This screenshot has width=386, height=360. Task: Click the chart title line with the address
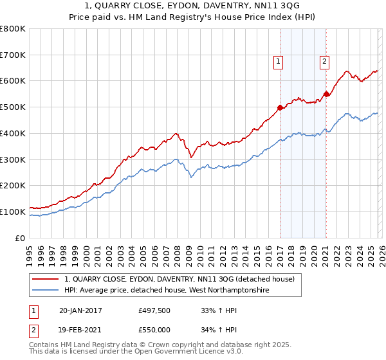point(193,6)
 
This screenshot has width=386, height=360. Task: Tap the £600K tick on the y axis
point(13,81)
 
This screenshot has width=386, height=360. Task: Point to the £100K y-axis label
point(13,212)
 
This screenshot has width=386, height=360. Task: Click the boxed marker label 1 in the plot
point(279,62)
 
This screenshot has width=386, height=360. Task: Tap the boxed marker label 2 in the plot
point(324,62)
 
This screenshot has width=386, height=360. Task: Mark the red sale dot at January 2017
point(280,108)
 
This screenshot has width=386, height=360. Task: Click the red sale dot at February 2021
point(326,94)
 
